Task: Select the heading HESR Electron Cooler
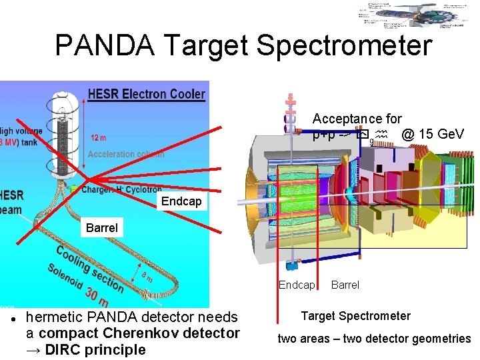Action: click(146, 94)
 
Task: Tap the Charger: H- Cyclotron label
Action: click(121, 189)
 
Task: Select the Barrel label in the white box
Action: click(102, 227)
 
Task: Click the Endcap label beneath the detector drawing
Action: click(296, 285)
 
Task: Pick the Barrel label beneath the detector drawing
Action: click(345, 285)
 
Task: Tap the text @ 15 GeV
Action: click(433, 134)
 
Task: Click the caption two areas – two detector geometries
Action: click(374, 339)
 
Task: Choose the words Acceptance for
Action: click(357, 119)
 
